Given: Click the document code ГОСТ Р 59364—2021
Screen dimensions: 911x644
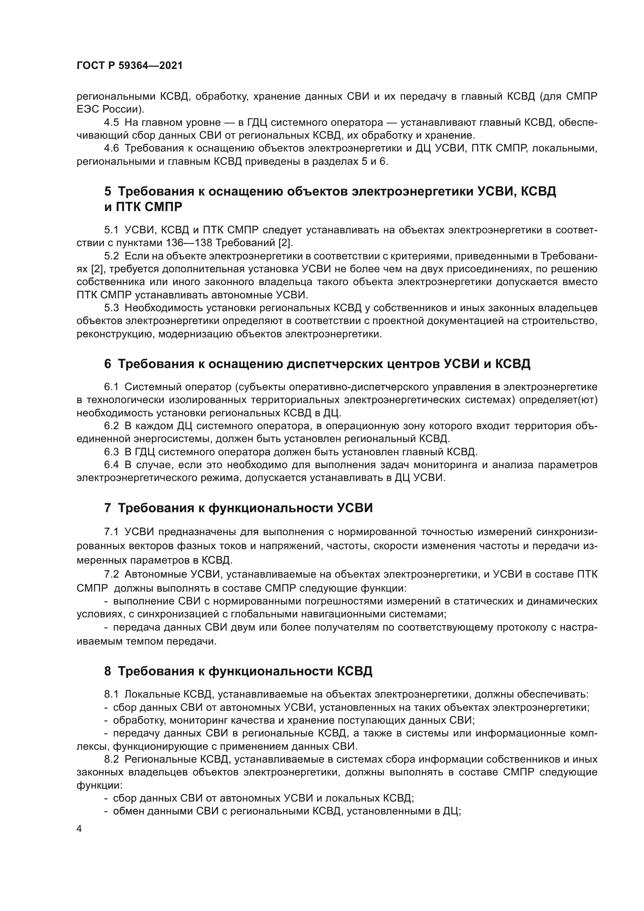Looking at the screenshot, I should pyautogui.click(x=130, y=66).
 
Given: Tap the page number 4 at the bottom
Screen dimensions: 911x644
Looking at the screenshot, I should pyautogui.click(x=79, y=829).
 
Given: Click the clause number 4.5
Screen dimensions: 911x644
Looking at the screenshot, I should pyautogui.click(x=111, y=123).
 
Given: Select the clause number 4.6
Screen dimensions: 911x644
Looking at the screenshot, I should pyautogui.click(x=111, y=148).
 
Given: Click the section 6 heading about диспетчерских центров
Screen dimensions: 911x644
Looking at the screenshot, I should pyautogui.click(x=317, y=363).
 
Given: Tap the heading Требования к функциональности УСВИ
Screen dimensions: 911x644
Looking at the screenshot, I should pyautogui.click(x=245, y=508).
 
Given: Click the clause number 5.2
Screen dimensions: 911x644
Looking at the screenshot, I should pyautogui.click(x=111, y=256).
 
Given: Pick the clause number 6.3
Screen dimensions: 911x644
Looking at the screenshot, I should pyautogui.click(x=111, y=451).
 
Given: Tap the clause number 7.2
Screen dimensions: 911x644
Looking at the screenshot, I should pyautogui.click(x=111, y=574).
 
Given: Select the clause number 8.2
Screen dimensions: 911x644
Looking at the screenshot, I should pyautogui.click(x=111, y=759).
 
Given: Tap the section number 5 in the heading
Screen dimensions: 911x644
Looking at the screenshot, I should pyautogui.click(x=107, y=191).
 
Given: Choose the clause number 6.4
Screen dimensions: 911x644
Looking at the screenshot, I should pyautogui.click(x=111, y=465).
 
